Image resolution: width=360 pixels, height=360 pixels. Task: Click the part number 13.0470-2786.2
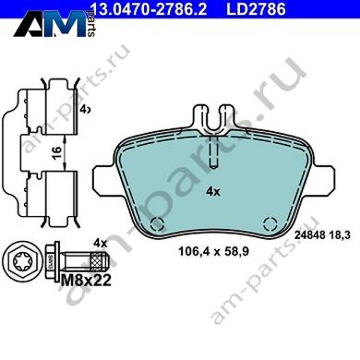(x=148, y=9)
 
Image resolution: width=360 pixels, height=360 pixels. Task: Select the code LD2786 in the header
(x=256, y=9)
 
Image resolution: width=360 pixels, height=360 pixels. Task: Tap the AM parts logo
(x=54, y=23)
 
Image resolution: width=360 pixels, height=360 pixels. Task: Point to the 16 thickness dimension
(x=56, y=152)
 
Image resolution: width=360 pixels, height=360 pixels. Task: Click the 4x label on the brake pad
(x=213, y=192)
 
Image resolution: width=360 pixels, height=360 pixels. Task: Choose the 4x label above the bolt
(x=100, y=244)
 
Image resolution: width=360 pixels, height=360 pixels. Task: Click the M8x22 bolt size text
(x=86, y=281)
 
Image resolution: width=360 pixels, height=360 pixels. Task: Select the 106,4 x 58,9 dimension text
(x=213, y=252)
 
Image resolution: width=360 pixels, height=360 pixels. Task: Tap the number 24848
(x=310, y=235)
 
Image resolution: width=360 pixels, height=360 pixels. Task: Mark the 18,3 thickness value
(x=340, y=235)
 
